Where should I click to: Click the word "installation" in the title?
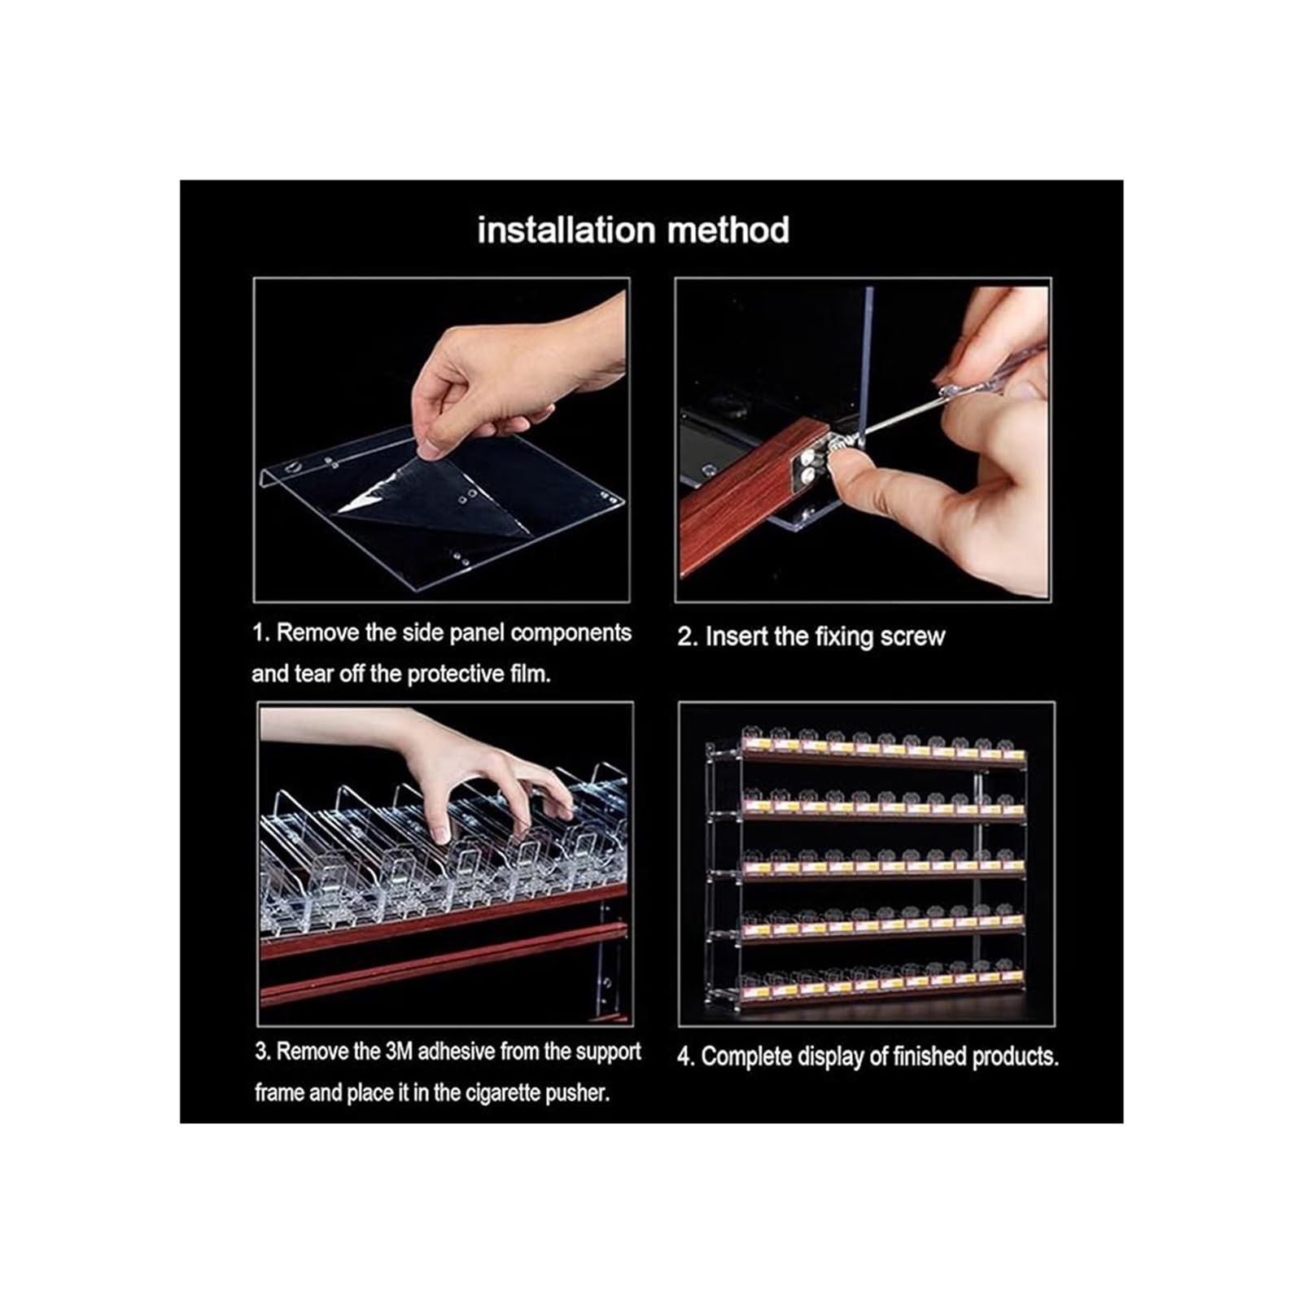click(x=567, y=230)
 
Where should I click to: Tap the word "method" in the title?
click(x=728, y=230)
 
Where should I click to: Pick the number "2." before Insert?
click(x=688, y=637)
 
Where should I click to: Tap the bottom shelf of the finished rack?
click(x=883, y=988)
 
